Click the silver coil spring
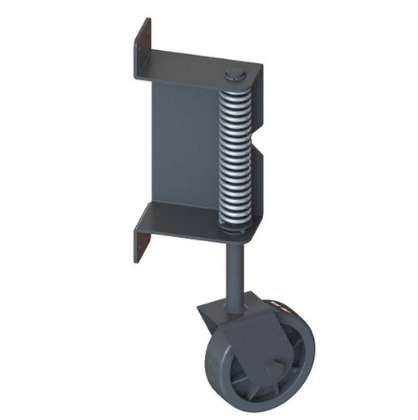[234, 156]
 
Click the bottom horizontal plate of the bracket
[189, 220]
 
